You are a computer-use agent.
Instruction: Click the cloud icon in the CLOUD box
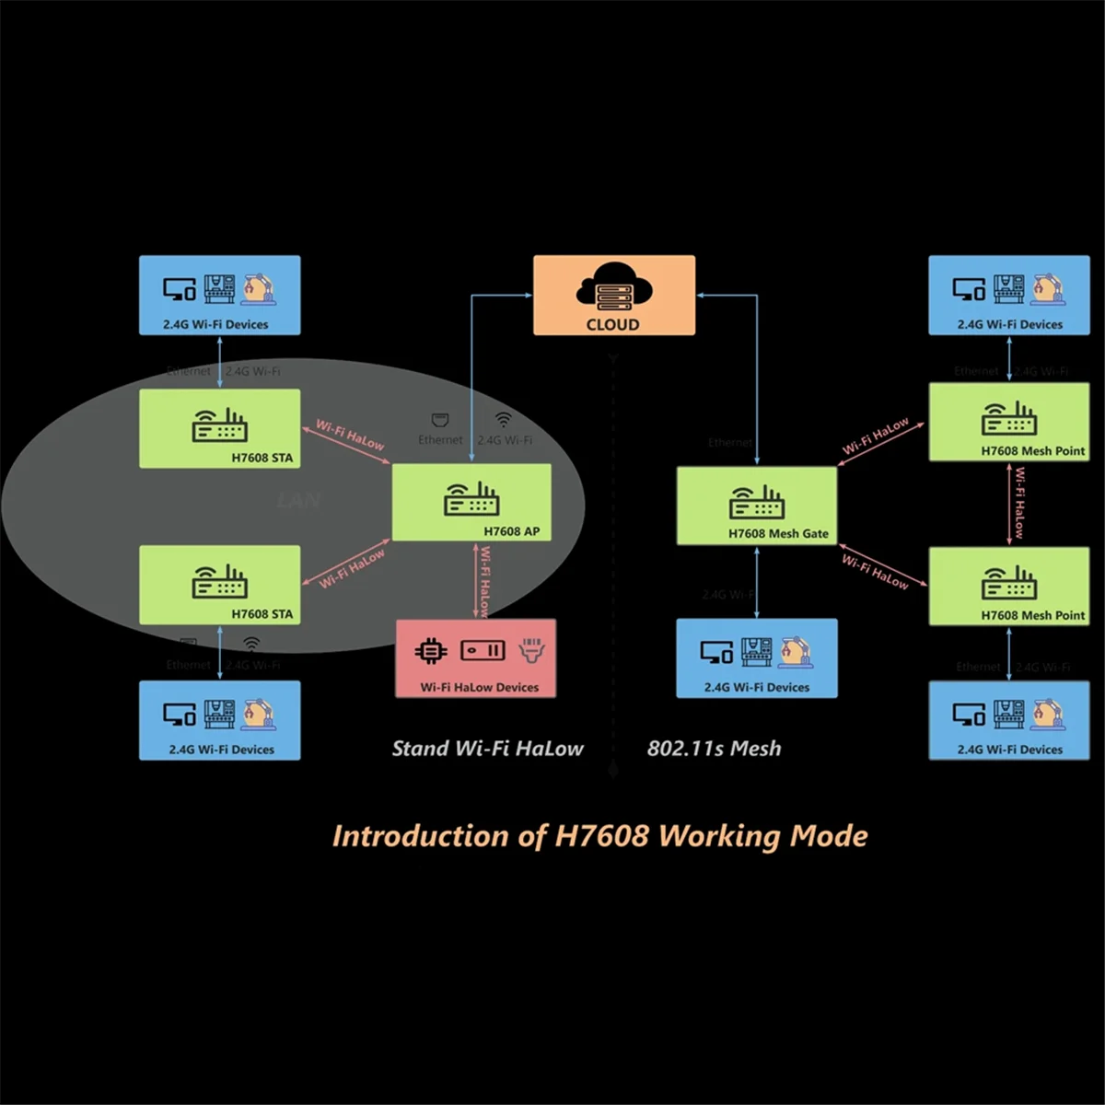(x=614, y=287)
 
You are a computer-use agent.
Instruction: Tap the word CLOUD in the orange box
(x=612, y=324)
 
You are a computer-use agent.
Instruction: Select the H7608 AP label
(x=511, y=531)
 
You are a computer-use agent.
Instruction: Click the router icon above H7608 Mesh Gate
(x=757, y=503)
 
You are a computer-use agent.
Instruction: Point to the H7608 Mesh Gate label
(x=778, y=533)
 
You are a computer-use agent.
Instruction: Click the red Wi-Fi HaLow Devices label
(x=479, y=687)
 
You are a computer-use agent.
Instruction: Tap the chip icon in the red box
(x=430, y=651)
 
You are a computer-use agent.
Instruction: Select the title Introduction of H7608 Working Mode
(x=599, y=836)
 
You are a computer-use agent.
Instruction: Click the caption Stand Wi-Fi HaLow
(x=487, y=749)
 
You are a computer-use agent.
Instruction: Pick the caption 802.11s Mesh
(x=714, y=749)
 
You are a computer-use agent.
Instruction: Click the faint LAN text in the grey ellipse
(x=298, y=501)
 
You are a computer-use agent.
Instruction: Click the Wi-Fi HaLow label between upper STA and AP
(x=350, y=435)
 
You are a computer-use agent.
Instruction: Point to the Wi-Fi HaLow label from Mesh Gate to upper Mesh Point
(x=875, y=436)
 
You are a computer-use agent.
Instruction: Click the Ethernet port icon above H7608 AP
(x=440, y=420)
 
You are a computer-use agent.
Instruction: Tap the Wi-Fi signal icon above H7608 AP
(x=503, y=419)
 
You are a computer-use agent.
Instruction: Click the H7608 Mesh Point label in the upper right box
(x=1032, y=451)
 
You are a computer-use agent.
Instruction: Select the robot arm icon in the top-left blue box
(x=258, y=289)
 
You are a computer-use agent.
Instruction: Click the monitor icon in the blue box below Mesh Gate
(x=715, y=653)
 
